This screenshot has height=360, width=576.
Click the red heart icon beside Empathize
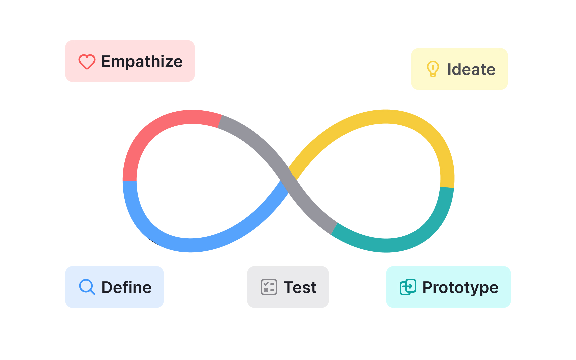pyautogui.click(x=87, y=62)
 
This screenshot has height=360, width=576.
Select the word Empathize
pyautogui.click(x=142, y=62)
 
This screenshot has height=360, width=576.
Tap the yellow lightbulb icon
pyautogui.click(x=433, y=69)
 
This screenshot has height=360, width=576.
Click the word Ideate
pyautogui.click(x=471, y=69)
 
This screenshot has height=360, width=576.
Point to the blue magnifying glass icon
pyautogui.click(x=87, y=287)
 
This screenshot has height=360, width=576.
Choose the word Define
pyautogui.click(x=126, y=287)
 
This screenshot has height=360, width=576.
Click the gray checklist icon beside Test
pyautogui.click(x=269, y=287)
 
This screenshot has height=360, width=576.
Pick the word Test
pyautogui.click(x=300, y=287)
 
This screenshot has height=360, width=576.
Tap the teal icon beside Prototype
pyautogui.click(x=408, y=287)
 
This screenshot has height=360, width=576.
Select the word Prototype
pyautogui.click(x=460, y=287)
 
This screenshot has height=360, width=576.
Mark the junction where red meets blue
pyautogui.click(x=130, y=181)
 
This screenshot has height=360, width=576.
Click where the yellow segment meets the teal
pyautogui.click(x=447, y=187)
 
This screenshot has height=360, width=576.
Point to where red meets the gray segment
pyautogui.click(x=220, y=121)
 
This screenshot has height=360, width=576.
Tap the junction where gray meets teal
pyautogui.click(x=334, y=229)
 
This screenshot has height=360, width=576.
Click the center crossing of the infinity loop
pyautogui.click(x=289, y=180)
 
